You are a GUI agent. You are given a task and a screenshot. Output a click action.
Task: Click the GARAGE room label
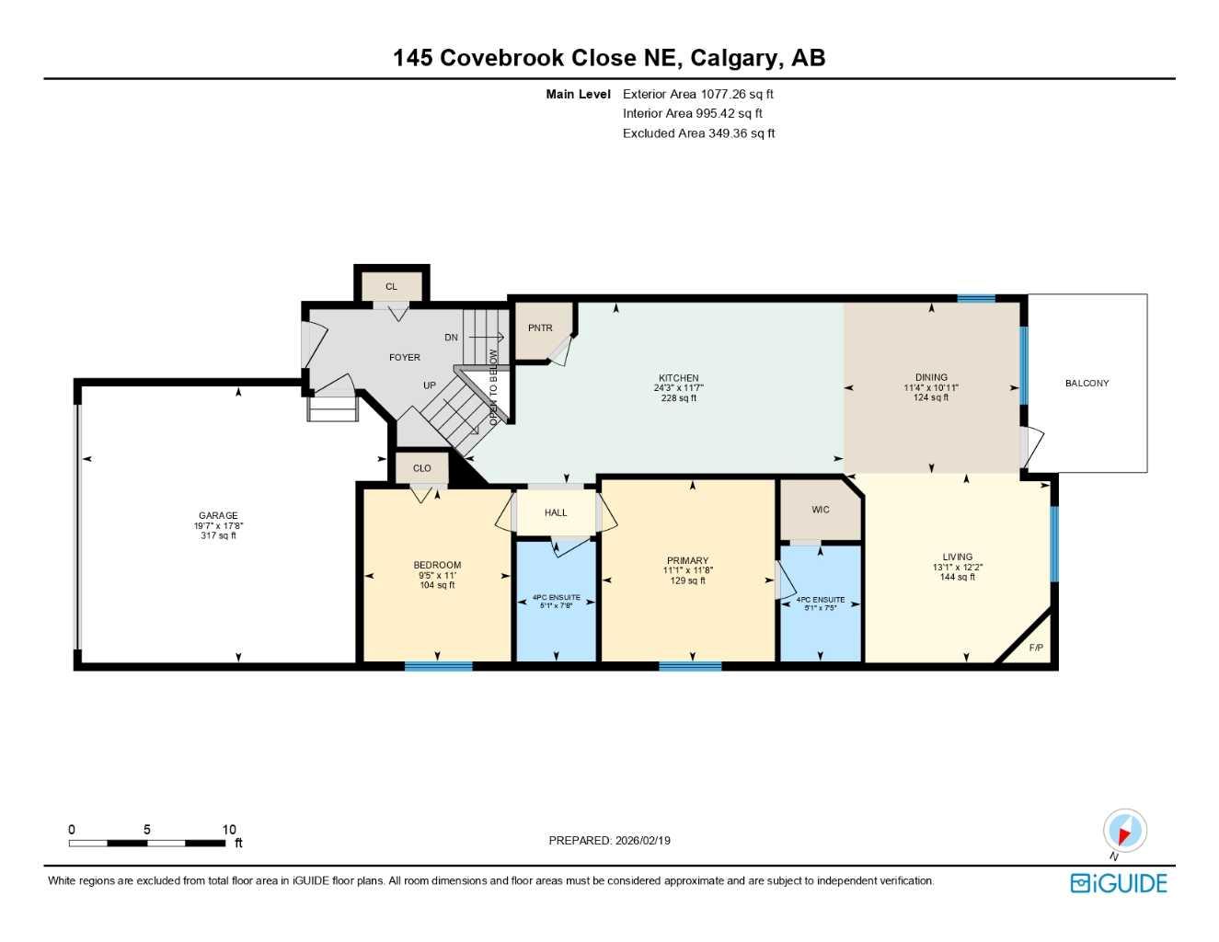[x=218, y=516]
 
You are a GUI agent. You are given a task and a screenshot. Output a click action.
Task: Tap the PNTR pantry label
[x=540, y=328]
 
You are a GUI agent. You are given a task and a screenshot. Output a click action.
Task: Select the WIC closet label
[x=821, y=510]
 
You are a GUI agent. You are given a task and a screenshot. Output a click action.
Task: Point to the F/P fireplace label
[x=1036, y=649]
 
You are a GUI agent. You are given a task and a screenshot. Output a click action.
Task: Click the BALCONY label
[x=1087, y=384]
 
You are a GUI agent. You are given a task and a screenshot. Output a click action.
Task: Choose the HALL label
[x=556, y=513]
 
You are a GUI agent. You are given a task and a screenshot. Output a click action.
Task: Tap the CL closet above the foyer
[x=391, y=287]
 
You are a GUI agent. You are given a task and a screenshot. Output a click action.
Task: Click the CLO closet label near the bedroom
[x=421, y=468]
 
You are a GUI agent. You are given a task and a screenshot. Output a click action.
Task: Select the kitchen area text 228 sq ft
[x=678, y=398]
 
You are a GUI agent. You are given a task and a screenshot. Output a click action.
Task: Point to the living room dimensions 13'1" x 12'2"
[x=957, y=568]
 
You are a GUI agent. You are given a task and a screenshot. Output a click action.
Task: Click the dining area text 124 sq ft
[x=931, y=397]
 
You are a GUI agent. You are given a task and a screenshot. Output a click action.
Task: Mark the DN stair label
[x=451, y=338]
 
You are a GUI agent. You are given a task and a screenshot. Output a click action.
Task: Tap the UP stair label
[x=430, y=385]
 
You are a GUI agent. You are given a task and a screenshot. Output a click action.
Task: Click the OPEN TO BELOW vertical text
[x=494, y=386]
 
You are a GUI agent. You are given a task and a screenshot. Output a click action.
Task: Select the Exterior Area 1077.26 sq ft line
[x=698, y=94]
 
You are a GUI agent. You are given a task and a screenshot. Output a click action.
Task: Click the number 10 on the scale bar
[x=229, y=830]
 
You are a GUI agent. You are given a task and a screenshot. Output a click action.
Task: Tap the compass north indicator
[x=1124, y=832]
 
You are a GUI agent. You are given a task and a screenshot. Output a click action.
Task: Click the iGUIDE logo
[x=1119, y=883]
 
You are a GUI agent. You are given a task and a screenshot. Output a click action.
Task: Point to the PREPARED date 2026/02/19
[x=609, y=841]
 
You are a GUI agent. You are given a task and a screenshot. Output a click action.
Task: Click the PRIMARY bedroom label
[x=687, y=560]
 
